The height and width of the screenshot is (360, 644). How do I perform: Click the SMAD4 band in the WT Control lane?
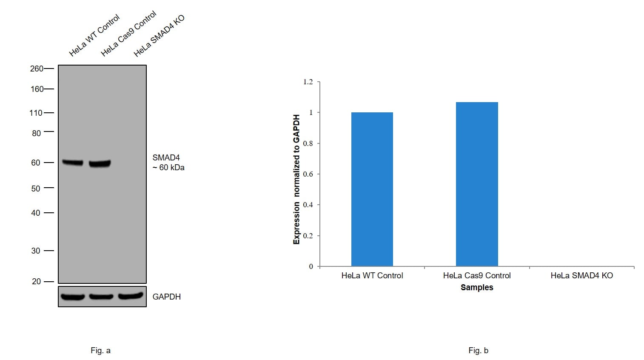73,162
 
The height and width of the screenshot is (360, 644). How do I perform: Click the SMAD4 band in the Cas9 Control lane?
100,163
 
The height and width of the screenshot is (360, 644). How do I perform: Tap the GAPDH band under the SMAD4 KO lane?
130,296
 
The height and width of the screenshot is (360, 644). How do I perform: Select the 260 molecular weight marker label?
37,69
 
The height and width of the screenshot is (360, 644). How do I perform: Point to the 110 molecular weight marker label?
36,113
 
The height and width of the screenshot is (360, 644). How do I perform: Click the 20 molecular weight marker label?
36,281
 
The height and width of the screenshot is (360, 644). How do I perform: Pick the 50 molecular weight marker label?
36,188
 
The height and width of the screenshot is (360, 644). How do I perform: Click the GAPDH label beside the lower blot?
166,297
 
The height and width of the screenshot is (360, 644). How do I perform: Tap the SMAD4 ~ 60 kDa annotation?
168,163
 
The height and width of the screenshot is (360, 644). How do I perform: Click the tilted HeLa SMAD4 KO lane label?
159,36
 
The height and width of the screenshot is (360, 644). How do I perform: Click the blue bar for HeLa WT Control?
372,189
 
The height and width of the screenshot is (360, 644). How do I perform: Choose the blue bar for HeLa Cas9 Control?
476,184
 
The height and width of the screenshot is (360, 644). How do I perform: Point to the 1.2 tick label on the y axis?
308,82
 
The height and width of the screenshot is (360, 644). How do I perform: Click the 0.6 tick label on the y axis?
308,174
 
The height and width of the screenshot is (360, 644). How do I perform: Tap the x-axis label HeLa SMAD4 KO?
581,276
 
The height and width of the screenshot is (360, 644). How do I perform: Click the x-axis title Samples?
477,288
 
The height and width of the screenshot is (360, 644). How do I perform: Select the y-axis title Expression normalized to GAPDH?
296,179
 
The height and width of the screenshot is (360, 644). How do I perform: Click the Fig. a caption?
100,351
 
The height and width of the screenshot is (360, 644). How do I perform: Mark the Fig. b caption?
478,351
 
